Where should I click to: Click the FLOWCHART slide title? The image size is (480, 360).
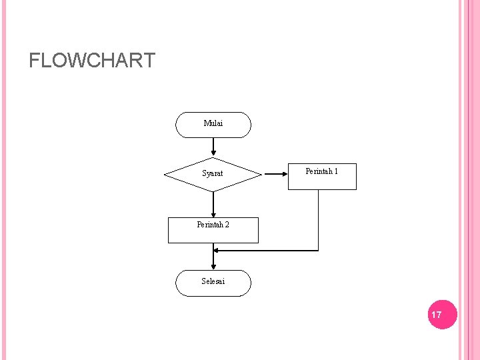point(92,61)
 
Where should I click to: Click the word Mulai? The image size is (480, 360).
point(213,123)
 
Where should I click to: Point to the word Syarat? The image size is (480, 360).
point(213,174)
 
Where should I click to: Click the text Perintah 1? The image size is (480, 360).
point(321,171)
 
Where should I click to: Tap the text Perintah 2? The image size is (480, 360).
point(213,225)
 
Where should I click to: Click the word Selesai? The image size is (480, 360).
point(213,281)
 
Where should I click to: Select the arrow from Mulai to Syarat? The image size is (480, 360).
point(213,147)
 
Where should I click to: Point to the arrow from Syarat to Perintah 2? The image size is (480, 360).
point(213,205)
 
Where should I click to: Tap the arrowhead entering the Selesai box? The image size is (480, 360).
point(213,266)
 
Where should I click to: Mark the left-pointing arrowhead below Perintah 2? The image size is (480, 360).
point(217,251)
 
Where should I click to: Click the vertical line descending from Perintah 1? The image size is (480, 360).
point(319,220)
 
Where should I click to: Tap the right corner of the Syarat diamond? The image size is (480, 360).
point(261,175)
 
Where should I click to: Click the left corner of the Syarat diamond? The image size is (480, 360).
point(165,175)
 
